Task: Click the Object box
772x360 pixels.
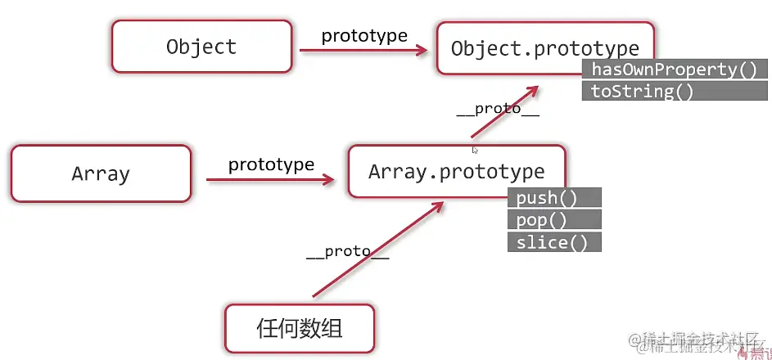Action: (201, 47)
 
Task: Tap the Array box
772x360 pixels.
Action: (101, 173)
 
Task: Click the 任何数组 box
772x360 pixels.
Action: (299, 329)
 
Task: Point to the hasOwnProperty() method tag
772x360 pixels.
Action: (674, 70)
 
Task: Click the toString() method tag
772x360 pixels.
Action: (642, 91)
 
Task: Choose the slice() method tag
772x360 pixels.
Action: (554, 242)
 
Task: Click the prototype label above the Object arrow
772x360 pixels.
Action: (364, 36)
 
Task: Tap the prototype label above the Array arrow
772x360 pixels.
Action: (271, 164)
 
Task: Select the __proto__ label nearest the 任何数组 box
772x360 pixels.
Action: (347, 252)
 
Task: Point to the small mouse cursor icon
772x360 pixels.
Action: (475, 150)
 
